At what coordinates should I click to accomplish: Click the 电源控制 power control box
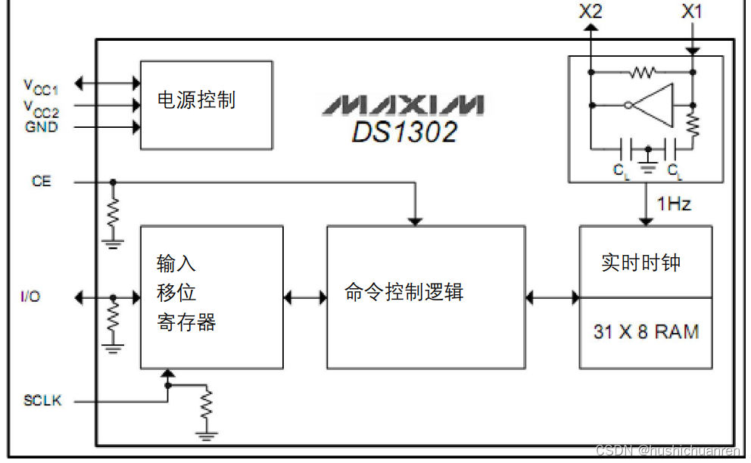tap(205, 105)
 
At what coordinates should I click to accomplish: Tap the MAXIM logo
tap(402, 104)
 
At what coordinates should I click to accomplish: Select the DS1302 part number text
tap(404, 132)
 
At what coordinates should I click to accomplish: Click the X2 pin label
tap(591, 11)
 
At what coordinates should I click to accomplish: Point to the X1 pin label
tap(692, 11)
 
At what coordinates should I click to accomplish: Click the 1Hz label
tap(674, 204)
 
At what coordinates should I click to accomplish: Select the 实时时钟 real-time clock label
tap(640, 263)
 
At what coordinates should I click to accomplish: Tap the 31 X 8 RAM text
tap(646, 331)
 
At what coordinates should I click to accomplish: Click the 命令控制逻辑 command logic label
tap(404, 292)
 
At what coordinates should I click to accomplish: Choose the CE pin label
tap(42, 182)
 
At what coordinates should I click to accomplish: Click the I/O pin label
tap(30, 297)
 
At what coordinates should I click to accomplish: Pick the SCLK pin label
tap(42, 400)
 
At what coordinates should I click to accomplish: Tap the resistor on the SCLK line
tap(206, 406)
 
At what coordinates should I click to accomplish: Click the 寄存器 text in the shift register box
tap(186, 323)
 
